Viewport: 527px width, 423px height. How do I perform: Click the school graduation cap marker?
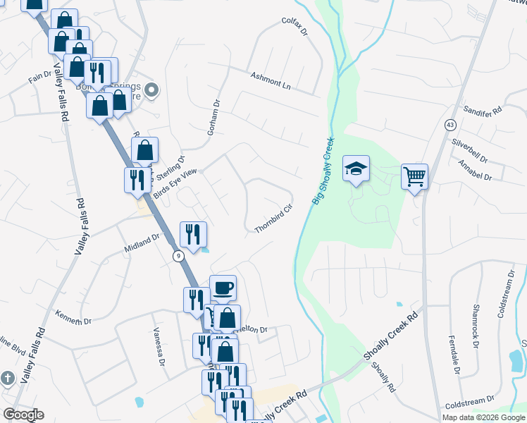[x=356, y=168]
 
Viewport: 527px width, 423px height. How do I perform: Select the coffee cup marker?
[x=223, y=287]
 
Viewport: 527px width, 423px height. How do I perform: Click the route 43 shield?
[x=449, y=124]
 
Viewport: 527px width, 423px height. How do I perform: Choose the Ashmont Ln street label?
[x=271, y=80]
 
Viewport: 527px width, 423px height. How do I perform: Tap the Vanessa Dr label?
[x=159, y=345]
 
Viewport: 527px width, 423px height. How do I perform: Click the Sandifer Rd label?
[x=483, y=111]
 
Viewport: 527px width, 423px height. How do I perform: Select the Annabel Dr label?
[x=474, y=170]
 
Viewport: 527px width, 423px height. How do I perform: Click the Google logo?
[x=23, y=415]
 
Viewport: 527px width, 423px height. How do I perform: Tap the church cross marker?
[x=8, y=378]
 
